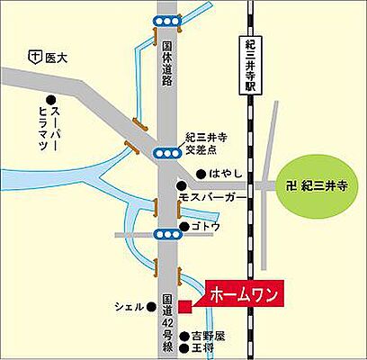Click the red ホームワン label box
coord(243,294)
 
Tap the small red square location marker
coord(184,307)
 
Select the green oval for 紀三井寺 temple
coord(318,186)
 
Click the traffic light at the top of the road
coord(166,20)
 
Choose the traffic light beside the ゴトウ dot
coord(166,235)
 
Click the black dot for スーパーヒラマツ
coord(51,100)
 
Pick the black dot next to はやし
coord(199,173)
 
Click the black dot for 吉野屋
coord(183,334)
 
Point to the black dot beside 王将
coord(183,346)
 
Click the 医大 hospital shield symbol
coord(33,58)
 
